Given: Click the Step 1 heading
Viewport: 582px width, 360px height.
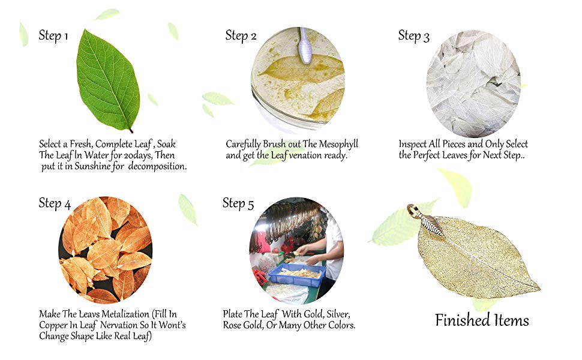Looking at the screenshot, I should coord(53,35).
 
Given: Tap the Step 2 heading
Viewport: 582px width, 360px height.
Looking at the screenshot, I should coord(241,35).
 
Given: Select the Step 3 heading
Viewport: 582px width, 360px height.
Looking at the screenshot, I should coord(414,36).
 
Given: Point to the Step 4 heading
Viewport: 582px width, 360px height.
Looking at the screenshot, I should coord(55,203).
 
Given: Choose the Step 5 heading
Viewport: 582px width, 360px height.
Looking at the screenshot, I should coord(238,203).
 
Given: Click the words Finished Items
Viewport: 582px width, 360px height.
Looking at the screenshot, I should coord(482,320).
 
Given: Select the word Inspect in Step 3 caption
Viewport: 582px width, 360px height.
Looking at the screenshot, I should coord(415,145).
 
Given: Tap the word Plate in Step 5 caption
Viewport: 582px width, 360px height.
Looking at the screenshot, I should coord(234,314).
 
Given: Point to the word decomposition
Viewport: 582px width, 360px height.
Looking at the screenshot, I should coord(159,166).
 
